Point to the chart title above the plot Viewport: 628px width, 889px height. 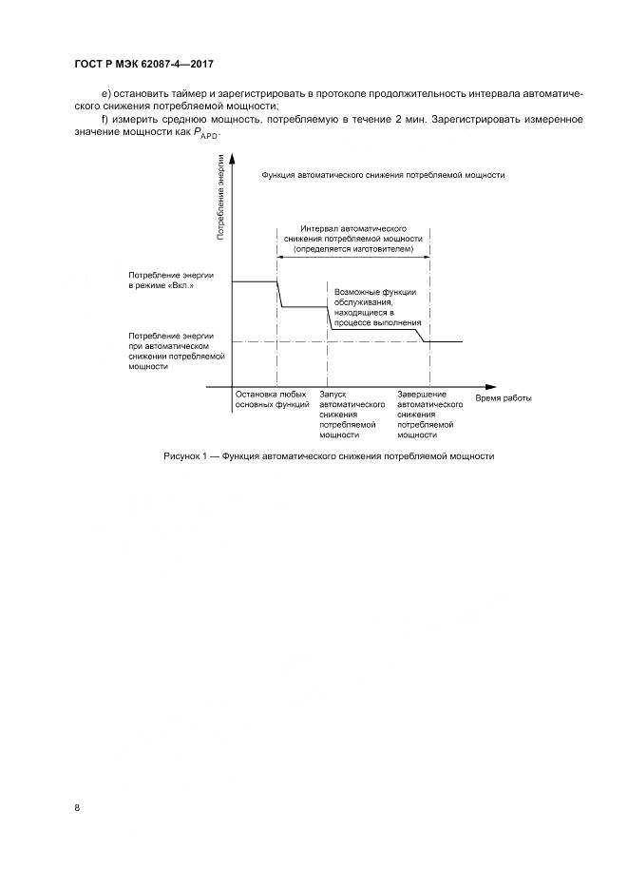click(x=383, y=177)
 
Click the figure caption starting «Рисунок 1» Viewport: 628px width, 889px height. click(x=329, y=456)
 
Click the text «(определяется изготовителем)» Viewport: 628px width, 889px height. click(x=353, y=247)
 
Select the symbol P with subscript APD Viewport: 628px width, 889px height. click(x=206, y=134)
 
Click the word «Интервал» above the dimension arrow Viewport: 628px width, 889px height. click(x=319, y=229)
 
